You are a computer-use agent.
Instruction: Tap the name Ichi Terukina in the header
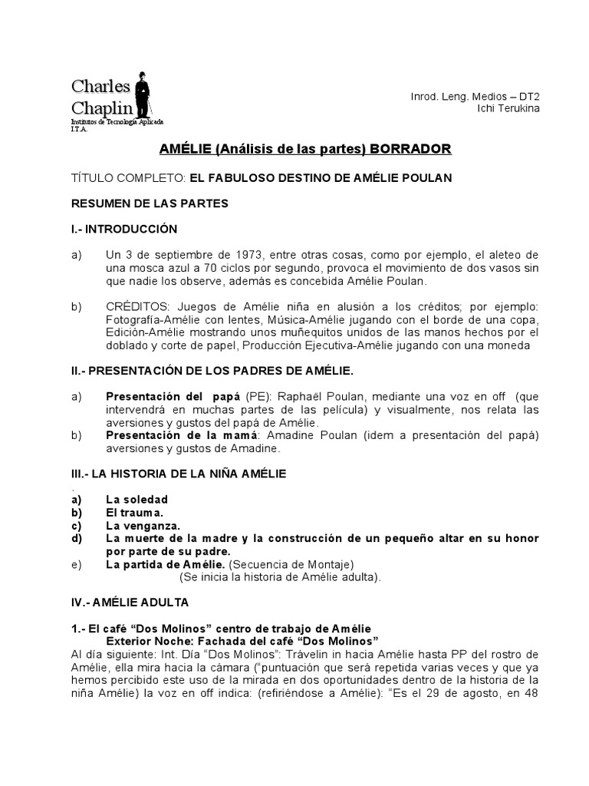(x=508, y=108)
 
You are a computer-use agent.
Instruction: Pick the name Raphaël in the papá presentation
(x=318, y=397)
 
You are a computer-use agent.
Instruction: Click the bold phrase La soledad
(x=137, y=500)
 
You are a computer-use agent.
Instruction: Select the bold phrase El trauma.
(x=134, y=512)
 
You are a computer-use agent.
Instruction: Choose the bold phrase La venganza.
(x=143, y=526)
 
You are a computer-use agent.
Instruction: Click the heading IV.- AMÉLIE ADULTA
(x=130, y=603)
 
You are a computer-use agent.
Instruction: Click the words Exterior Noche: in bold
(x=150, y=640)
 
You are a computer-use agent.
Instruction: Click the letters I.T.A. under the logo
(x=80, y=130)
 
